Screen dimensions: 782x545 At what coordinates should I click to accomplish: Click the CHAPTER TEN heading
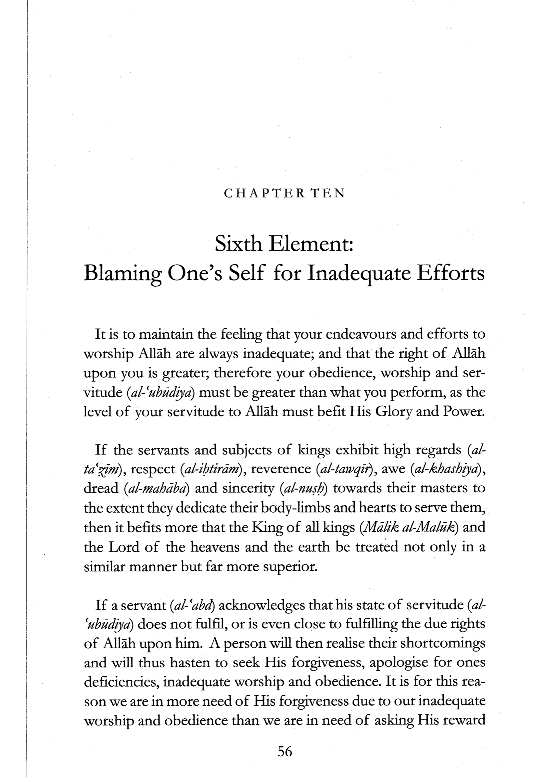pyautogui.click(x=284, y=193)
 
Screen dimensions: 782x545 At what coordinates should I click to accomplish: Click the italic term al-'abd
pyautogui.click(x=193, y=605)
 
